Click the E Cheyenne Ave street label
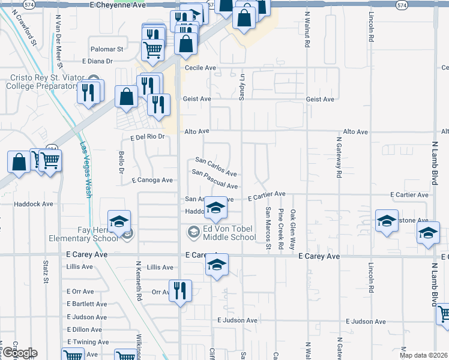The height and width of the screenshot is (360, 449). tap(118, 4)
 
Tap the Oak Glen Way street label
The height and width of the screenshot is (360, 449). tap(293, 229)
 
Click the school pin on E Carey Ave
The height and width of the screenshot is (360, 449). tap(217, 265)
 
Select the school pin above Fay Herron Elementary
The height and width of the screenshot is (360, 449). tap(119, 221)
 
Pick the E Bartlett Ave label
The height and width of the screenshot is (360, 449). tap(87, 304)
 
